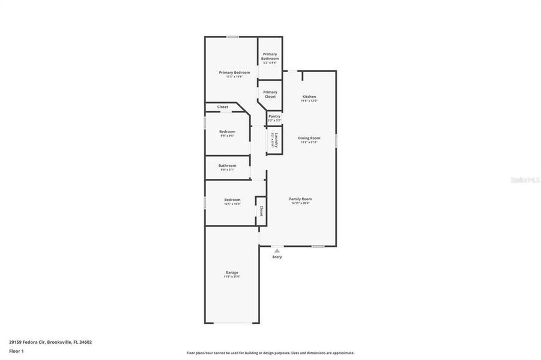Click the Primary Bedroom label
pos(234,73)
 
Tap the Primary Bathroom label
pos(270,56)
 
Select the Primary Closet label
pos(270,94)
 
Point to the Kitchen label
pos(309,97)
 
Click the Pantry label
pos(274,116)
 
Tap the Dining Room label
pos(309,138)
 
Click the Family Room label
pos(300,199)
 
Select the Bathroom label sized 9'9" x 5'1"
pos(227,166)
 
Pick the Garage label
pos(232,272)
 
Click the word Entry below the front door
pos(277,257)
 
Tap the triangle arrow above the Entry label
pos(277,250)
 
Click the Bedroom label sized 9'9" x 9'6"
pos(227,131)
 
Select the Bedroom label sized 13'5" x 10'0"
pos(232,200)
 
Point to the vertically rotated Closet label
pos(261,211)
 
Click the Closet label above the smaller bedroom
pos(222,107)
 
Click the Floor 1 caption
pos(16,350)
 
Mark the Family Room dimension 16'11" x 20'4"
pos(300,203)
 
